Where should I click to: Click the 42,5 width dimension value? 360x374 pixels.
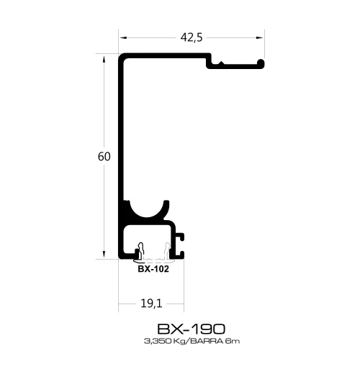point(190,38)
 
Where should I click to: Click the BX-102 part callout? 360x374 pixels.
point(153,270)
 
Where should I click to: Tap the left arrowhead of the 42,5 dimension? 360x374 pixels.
point(123,38)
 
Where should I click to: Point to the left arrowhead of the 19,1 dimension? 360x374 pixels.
point(123,304)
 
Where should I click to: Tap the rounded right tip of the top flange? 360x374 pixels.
point(263,63)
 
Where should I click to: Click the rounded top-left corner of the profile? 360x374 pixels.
point(123,57)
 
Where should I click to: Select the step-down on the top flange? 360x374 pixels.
point(210,63)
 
